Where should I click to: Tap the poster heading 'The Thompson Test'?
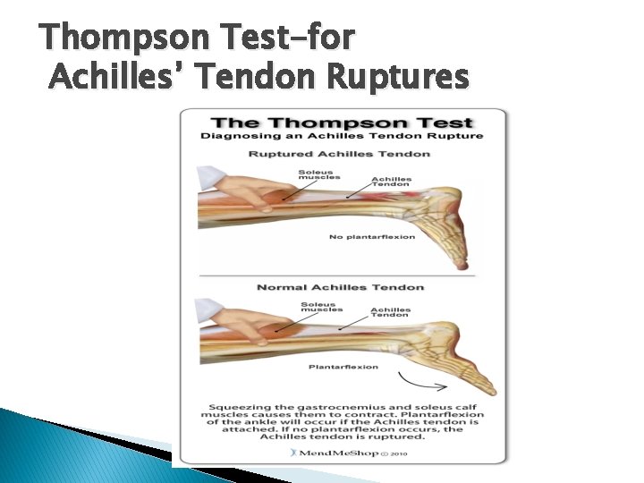(x=342, y=122)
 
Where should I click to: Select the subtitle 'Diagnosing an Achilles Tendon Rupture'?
(x=342, y=136)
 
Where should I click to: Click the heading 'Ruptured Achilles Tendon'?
(x=339, y=154)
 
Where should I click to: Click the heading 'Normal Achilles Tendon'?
(x=340, y=287)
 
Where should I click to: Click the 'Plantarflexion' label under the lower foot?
(x=343, y=367)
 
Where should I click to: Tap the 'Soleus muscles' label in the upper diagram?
(x=319, y=174)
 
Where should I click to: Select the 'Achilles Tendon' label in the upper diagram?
(x=391, y=182)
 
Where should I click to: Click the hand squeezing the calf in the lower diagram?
(x=238, y=324)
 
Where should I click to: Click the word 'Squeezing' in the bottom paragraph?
(x=240, y=404)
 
